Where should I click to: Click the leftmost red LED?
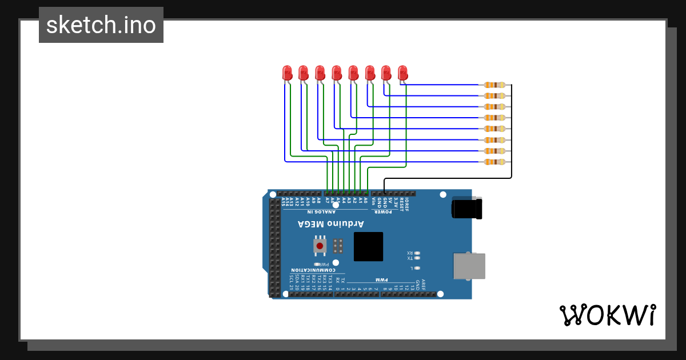(287, 73)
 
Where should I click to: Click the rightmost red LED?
(402, 73)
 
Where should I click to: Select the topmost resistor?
(494, 85)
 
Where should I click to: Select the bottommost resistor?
(494, 162)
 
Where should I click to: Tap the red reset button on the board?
(320, 246)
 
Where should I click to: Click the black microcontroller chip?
(368, 246)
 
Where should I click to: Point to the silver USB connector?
(469, 266)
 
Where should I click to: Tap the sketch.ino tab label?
(101, 25)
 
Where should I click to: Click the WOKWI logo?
(608, 315)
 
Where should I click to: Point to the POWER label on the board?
(382, 211)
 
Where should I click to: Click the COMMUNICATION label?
(311, 270)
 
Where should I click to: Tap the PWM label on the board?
(381, 280)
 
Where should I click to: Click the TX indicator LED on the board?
(417, 258)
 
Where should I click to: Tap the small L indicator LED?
(417, 267)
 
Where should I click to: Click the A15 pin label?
(285, 202)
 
